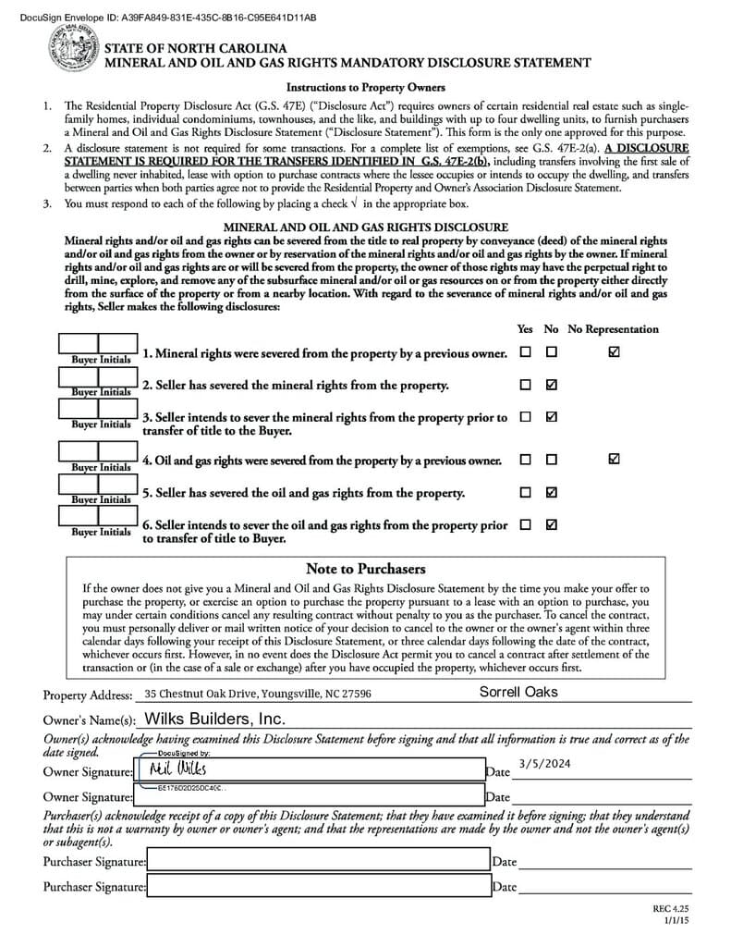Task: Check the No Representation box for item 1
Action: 615,352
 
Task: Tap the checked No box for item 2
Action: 552,385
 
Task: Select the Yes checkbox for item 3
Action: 525,417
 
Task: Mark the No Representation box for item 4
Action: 615,459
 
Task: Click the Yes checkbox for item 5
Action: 525,492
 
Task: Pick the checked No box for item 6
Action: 552,524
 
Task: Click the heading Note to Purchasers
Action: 365,569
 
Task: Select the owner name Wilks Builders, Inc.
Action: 214,719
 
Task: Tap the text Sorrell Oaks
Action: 518,692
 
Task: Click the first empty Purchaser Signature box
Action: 318,861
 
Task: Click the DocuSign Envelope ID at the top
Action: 159,18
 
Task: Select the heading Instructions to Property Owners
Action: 365,88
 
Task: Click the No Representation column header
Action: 613,329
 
